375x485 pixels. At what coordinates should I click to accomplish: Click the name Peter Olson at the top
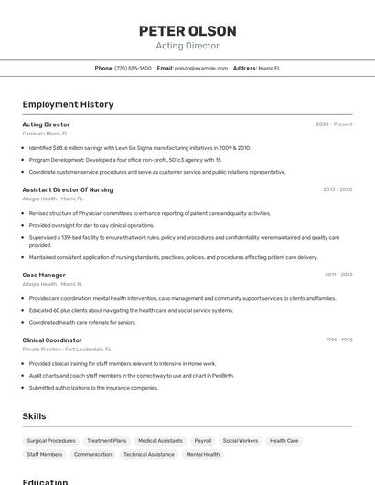pyautogui.click(x=187, y=30)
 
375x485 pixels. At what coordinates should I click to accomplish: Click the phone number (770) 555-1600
pyautogui.click(x=134, y=68)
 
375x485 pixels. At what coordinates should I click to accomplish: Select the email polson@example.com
pyautogui.click(x=200, y=68)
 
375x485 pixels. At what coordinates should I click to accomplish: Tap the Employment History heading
pyautogui.click(x=68, y=104)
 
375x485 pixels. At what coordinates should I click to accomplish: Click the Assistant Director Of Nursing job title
pyautogui.click(x=68, y=189)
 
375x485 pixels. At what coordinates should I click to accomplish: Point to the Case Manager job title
pyautogui.click(x=44, y=275)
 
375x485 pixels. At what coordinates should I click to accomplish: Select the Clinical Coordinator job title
pyautogui.click(x=52, y=340)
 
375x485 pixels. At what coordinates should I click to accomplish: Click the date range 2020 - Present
pyautogui.click(x=334, y=124)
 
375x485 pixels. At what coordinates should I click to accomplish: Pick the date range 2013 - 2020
pyautogui.click(x=337, y=189)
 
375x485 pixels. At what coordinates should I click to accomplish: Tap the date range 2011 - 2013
pyautogui.click(x=338, y=275)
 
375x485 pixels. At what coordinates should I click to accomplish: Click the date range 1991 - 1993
pyautogui.click(x=338, y=340)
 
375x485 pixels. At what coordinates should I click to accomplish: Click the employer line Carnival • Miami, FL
pyautogui.click(x=45, y=133)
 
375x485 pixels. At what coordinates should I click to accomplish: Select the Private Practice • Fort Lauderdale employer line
pyautogui.click(x=67, y=349)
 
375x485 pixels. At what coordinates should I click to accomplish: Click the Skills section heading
pyautogui.click(x=34, y=416)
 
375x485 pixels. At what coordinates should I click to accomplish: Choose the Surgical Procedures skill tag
pyautogui.click(x=51, y=441)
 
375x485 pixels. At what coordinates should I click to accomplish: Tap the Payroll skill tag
pyautogui.click(x=202, y=441)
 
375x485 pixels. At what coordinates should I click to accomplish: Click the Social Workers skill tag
pyautogui.click(x=241, y=441)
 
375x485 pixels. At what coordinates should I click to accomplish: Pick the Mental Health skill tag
pyautogui.click(x=202, y=454)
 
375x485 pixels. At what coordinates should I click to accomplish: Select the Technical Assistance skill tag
pyautogui.click(x=149, y=454)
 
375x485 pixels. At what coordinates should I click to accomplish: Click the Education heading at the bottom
pyautogui.click(x=45, y=481)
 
